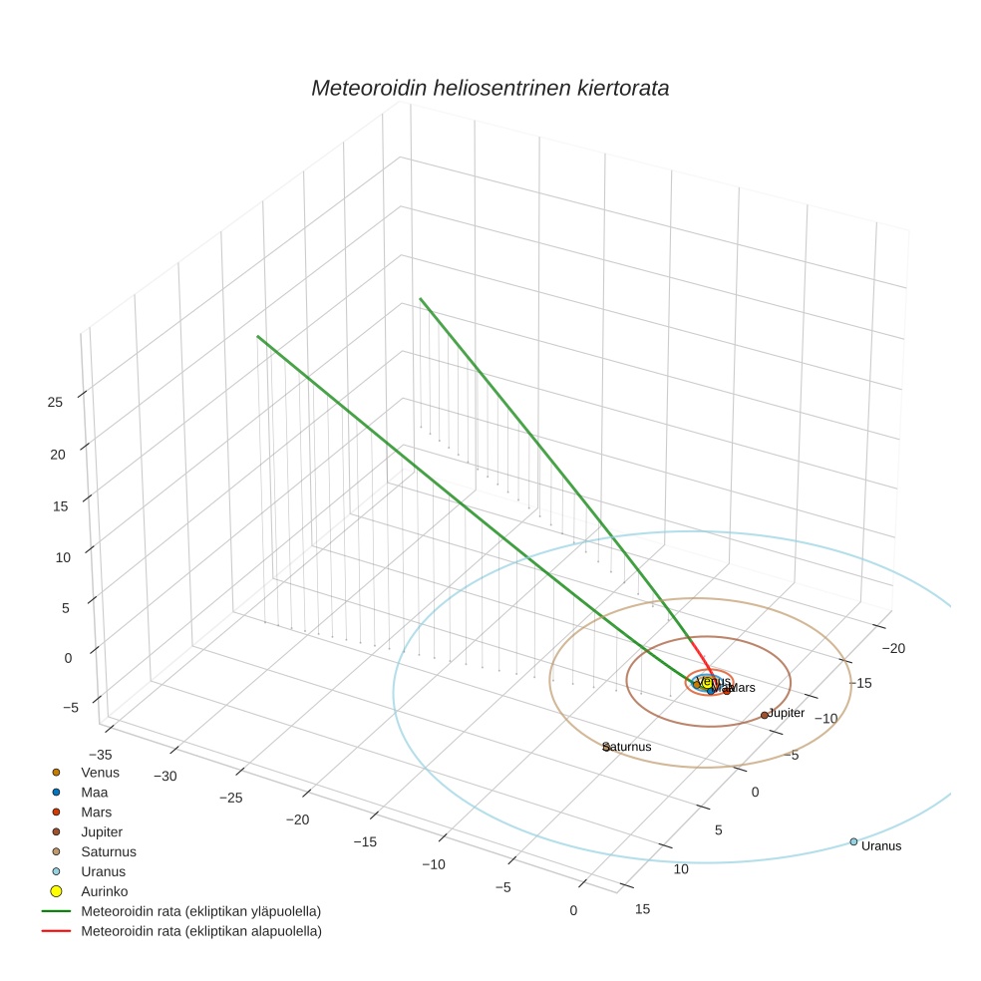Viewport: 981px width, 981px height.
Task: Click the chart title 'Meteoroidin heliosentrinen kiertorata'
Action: pyautogui.click(x=490, y=88)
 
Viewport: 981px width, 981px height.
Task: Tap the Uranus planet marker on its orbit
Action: pyautogui.click(x=853, y=841)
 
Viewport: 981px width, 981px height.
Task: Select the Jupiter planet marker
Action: pyautogui.click(x=765, y=715)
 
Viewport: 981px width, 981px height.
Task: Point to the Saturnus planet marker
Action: pyautogui.click(x=606, y=747)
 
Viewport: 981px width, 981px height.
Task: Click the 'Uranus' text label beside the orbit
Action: pyautogui.click(x=881, y=846)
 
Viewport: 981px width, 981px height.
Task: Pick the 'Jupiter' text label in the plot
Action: pyautogui.click(x=787, y=713)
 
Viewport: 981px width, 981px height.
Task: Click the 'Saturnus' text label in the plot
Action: pyautogui.click(x=629, y=747)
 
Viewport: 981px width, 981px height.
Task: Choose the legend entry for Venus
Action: pyautogui.click(x=100, y=773)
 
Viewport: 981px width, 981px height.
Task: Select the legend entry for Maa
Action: pyautogui.click(x=94, y=793)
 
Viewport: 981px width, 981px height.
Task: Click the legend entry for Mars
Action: pyautogui.click(x=96, y=813)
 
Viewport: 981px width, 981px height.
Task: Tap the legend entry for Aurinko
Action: pyautogui.click(x=104, y=891)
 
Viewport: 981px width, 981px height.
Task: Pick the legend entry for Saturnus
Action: pyautogui.click(x=108, y=852)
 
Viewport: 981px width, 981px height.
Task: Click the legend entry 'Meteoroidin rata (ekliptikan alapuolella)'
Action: pyautogui.click(x=200, y=931)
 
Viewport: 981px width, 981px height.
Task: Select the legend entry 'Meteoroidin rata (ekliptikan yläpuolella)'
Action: pyautogui.click(x=200, y=911)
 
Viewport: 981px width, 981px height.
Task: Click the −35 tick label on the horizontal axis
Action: pyautogui.click(x=101, y=755)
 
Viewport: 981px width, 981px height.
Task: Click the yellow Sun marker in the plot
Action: pyautogui.click(x=707, y=683)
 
